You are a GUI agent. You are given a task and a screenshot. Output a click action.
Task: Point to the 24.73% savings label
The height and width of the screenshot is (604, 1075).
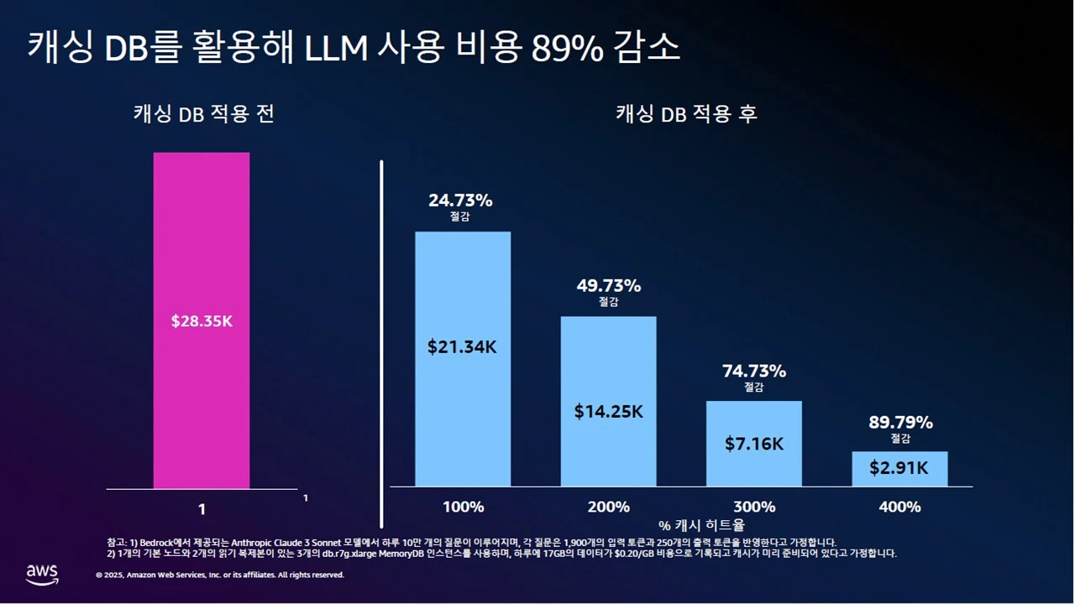(x=460, y=200)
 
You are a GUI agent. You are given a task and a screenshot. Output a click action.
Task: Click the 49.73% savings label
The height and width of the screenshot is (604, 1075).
(x=608, y=285)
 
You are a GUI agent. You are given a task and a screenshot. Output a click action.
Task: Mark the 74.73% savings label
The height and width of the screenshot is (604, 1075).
(x=753, y=371)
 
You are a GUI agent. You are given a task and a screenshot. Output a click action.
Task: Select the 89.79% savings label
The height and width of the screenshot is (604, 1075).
(x=900, y=422)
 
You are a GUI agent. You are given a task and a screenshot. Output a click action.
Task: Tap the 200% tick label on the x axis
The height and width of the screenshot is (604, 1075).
(x=608, y=507)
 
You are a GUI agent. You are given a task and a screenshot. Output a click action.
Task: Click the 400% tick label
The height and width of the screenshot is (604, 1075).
(x=899, y=507)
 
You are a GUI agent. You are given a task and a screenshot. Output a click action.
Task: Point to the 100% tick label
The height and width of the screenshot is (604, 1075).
(x=463, y=507)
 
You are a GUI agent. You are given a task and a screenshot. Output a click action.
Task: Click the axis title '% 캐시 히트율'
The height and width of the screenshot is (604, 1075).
(x=701, y=525)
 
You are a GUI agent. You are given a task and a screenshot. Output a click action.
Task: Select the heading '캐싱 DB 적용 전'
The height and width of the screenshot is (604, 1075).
(x=203, y=114)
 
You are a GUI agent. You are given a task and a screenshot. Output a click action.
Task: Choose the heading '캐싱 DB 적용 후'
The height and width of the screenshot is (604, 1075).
(x=686, y=114)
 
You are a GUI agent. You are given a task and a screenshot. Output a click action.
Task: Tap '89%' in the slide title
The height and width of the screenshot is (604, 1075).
(x=567, y=49)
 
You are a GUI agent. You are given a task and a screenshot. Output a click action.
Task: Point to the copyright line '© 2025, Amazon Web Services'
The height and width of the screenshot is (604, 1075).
(x=220, y=575)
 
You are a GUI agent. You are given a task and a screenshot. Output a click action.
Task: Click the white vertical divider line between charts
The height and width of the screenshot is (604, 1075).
(x=382, y=344)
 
